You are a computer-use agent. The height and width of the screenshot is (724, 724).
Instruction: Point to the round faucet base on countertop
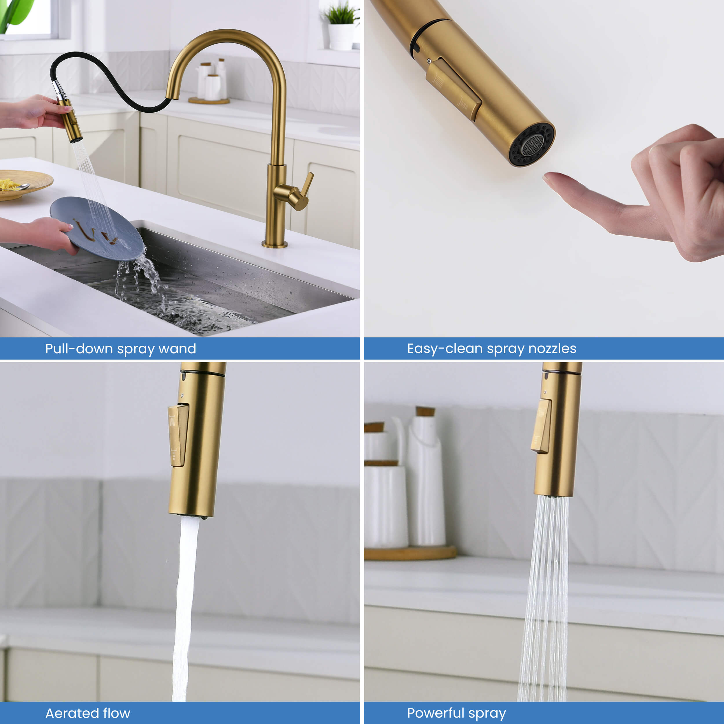click(275, 244)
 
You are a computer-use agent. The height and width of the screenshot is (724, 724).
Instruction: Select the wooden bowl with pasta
click(23, 184)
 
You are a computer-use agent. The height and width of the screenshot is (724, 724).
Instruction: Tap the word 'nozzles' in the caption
click(552, 348)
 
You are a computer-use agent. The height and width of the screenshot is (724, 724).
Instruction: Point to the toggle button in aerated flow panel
click(178, 435)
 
